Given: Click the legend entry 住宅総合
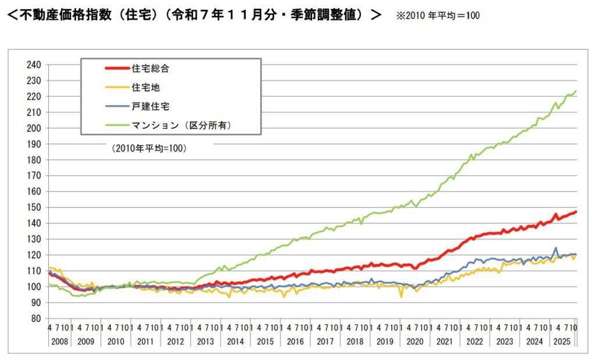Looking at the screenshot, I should [150, 68].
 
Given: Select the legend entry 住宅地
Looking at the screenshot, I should [145, 87].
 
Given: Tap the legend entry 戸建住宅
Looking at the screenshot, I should [150, 106].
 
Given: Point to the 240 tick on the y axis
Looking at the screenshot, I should [34, 65].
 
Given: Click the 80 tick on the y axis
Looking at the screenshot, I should [37, 318].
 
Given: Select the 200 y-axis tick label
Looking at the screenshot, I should [34, 128].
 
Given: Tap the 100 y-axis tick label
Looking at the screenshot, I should [34, 287].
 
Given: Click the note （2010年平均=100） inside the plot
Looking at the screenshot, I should [148, 149].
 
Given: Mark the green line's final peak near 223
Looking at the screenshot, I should [575, 91].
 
